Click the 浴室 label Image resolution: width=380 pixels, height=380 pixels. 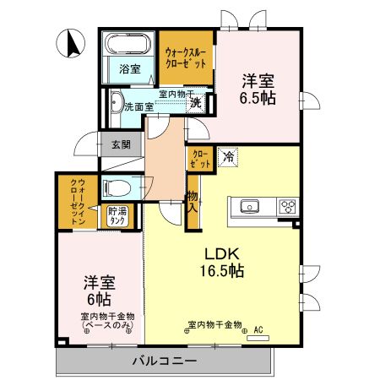(x=128, y=68)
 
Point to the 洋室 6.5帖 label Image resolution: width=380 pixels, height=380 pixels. (x=259, y=89)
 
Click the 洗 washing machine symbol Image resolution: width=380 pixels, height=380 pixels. (x=195, y=104)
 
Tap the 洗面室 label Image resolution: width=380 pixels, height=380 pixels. (x=138, y=107)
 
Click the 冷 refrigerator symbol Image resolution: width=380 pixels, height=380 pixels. (x=228, y=155)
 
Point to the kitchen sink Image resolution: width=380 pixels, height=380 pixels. (x=252, y=206)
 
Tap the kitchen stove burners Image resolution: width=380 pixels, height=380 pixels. (x=287, y=206)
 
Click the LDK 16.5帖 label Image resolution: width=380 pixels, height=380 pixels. (x=221, y=262)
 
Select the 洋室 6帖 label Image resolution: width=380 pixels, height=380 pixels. (x=99, y=291)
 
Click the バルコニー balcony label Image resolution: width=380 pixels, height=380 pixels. (x=165, y=361)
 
